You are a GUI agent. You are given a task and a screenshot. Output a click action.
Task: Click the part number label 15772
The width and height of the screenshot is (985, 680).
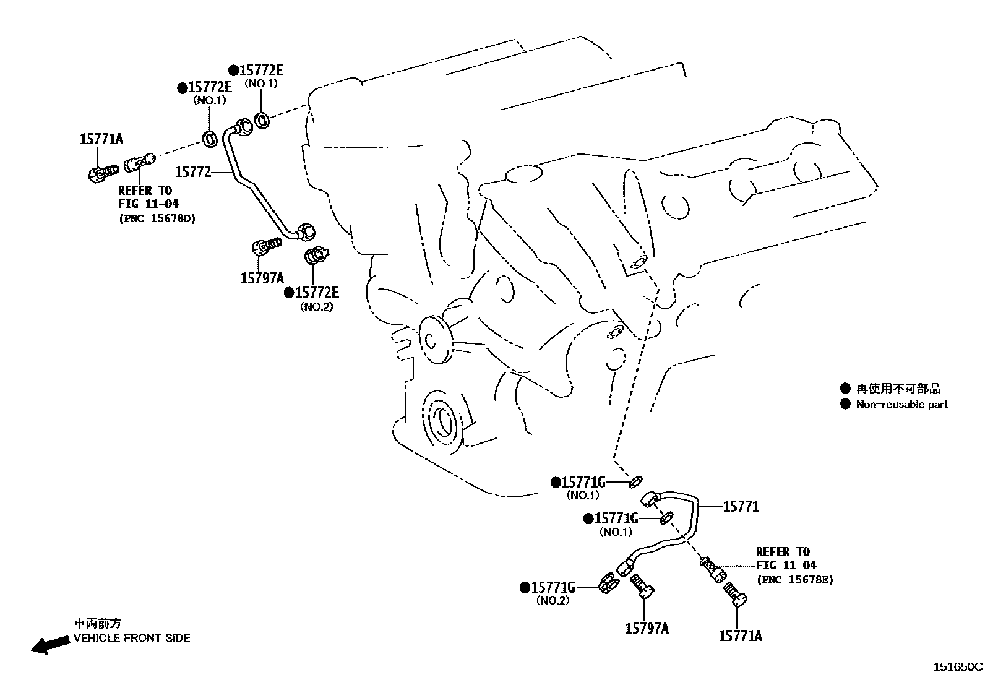pos(193,171)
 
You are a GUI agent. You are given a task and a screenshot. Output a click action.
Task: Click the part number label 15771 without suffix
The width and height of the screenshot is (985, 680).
pos(741,507)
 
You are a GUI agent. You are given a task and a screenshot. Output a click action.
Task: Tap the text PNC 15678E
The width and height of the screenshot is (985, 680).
pos(794,580)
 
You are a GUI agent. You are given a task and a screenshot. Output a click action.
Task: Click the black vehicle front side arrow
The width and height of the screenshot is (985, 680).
pos(50,645)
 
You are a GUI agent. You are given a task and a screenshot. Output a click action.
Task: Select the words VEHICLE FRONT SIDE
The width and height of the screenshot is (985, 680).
pos(132,638)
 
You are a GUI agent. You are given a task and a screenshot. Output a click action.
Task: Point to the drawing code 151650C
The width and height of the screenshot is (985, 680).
pos(958,667)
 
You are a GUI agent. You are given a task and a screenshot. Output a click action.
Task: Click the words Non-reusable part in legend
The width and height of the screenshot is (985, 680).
pos(901,405)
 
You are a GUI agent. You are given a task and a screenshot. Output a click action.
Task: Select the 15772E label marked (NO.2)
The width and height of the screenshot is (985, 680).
pos(316,293)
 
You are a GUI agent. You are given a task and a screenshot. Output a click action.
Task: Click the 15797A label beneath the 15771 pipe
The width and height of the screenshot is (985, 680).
pos(647,629)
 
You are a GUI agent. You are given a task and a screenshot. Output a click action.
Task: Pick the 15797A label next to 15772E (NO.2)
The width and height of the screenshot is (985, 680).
pos(262,278)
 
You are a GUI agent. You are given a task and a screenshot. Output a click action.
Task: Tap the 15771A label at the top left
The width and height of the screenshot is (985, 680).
pos(101,139)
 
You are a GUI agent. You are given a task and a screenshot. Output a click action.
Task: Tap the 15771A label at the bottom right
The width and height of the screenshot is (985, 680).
pos(740,635)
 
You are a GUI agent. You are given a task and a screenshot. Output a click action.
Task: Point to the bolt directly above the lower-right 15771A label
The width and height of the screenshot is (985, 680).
pos(736,594)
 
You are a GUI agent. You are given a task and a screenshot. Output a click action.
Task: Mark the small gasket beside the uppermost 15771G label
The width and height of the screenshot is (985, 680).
pos(635,481)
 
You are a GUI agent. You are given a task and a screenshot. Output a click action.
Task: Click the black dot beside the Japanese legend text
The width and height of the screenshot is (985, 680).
pos(845,389)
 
